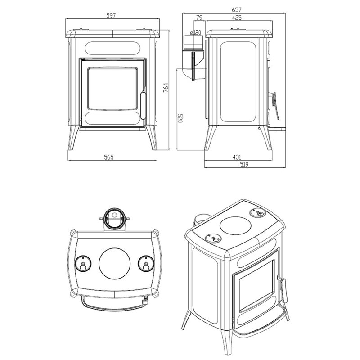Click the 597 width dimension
coord(111,16)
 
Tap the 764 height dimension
coord(166,88)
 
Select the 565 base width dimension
coord(109,157)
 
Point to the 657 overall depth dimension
coord(237,9)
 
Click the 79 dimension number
coord(199,18)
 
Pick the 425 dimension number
coord(237,18)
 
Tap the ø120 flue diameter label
coord(195,32)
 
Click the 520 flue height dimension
coord(180,118)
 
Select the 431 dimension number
coord(237,157)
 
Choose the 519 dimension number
coord(244,164)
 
